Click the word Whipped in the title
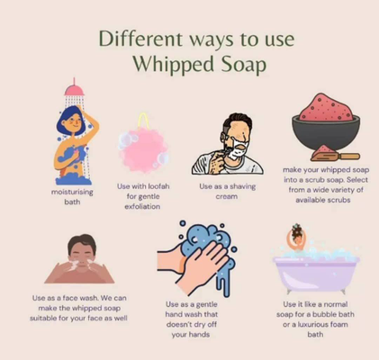click(x=175, y=64)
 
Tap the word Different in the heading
click(x=140, y=39)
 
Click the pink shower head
click(x=74, y=90)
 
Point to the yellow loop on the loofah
click(x=143, y=120)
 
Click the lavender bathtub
click(x=316, y=273)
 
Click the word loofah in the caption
click(x=158, y=186)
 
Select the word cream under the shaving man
click(x=227, y=197)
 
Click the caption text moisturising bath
click(x=72, y=197)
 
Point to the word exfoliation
click(x=142, y=207)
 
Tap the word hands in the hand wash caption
click(x=199, y=335)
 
